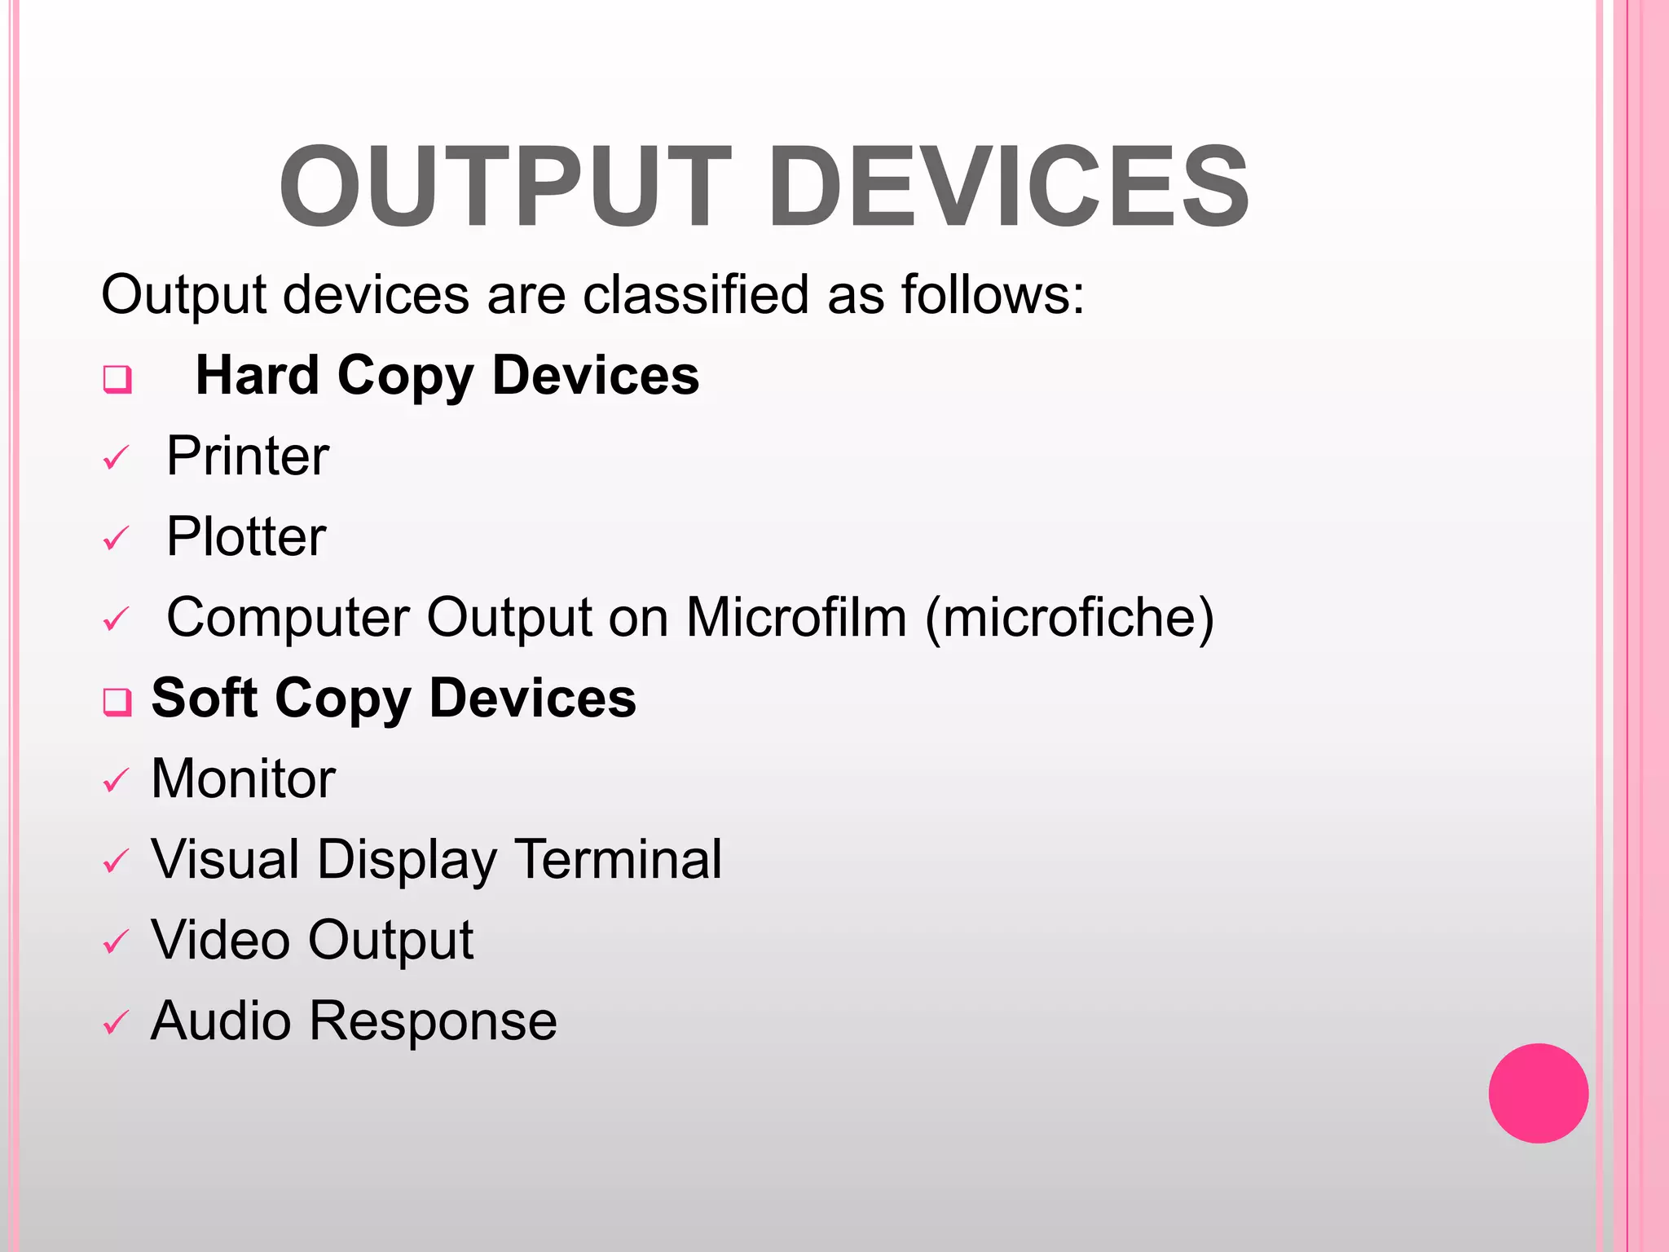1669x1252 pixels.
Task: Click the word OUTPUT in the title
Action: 505,187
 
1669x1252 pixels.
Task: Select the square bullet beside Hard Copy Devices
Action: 117,379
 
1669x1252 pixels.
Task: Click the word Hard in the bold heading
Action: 258,376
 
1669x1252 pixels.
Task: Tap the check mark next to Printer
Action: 116,458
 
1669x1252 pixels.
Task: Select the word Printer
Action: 248,456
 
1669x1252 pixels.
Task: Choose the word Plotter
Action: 246,537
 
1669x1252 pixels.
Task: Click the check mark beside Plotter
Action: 116,539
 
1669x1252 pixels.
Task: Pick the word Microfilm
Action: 796,617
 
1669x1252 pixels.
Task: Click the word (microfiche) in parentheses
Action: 1070,618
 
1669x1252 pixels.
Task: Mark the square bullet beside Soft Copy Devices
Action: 117,701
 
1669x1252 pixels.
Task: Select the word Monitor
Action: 243,778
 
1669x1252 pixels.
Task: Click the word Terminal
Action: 619,859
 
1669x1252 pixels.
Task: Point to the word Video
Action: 220,940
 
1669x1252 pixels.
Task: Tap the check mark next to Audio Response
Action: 116,1023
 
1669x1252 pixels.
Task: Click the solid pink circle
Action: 1538,1093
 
